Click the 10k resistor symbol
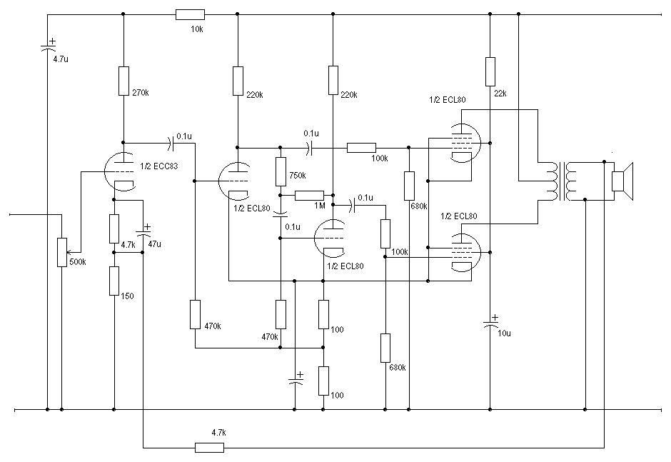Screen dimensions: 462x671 190,14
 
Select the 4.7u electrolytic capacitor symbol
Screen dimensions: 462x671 48,46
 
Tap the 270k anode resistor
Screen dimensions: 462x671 123,81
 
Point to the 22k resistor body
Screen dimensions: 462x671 490,71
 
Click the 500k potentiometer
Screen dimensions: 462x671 61,252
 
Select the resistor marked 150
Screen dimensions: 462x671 113,281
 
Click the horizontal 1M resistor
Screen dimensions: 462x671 309,196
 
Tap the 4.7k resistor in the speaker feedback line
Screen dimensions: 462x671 209,447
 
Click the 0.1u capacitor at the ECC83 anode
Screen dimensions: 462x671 172,144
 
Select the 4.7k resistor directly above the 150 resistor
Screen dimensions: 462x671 113,228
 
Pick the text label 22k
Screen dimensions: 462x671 500,94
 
